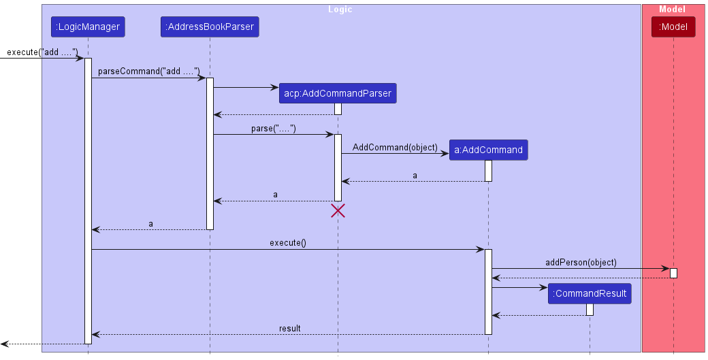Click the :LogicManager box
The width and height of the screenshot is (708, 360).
88,27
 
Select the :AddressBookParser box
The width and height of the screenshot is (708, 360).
210,27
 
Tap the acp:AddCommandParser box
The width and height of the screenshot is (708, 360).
338,93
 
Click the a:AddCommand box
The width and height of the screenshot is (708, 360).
488,150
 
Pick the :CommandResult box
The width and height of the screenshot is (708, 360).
590,294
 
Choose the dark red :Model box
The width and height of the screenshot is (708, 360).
673,27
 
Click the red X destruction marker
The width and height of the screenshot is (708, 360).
338,210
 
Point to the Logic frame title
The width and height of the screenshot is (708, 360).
340,10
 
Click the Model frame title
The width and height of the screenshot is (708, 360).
673,10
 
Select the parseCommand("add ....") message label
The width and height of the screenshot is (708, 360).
148,71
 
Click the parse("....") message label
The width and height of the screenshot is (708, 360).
274,128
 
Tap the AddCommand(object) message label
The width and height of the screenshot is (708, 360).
395,147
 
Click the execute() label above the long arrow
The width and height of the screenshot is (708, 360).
288,243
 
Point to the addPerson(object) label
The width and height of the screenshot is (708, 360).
581,262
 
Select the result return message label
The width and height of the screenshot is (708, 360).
289,329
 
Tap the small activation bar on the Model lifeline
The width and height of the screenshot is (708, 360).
673,273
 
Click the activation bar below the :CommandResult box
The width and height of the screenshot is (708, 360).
590,309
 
